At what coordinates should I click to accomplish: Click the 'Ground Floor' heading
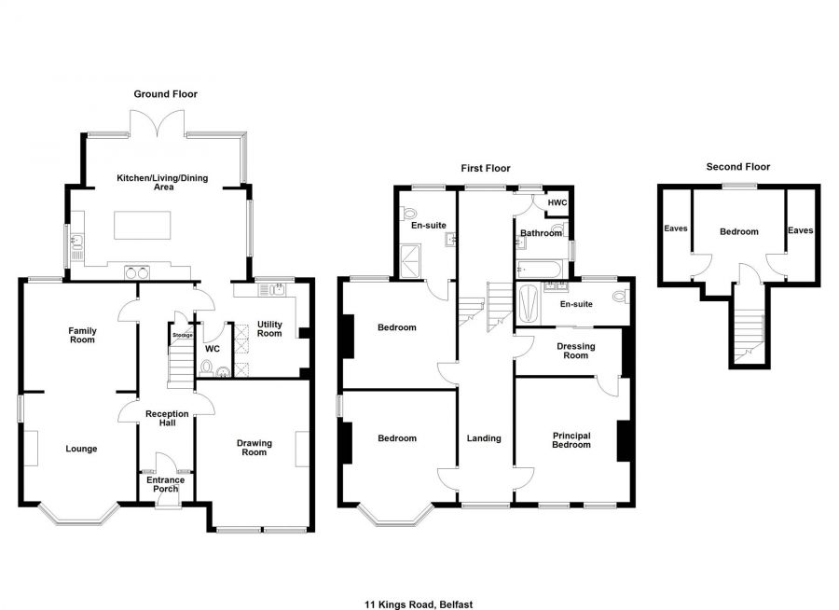coord(165,94)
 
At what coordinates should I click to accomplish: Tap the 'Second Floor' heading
coord(738,167)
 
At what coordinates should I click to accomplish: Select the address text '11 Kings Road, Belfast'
coord(419,604)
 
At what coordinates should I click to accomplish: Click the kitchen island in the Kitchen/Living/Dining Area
coord(143,225)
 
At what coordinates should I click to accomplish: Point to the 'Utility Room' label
coord(269,329)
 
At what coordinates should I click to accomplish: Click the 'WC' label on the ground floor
coord(213,349)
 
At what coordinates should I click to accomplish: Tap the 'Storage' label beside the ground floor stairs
coord(183,335)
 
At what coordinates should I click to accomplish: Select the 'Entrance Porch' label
coord(165,484)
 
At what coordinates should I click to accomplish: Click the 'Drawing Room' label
coord(254,448)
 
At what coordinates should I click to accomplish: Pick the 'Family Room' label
coord(82,335)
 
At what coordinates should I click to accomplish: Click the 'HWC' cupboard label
coord(557,203)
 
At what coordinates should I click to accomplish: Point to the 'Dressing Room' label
coord(576,351)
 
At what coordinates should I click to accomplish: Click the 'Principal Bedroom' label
coord(571,440)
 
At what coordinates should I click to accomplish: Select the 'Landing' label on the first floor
coord(484,438)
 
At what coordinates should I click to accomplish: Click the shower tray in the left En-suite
coord(410,261)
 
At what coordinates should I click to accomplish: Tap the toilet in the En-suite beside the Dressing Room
coord(621,297)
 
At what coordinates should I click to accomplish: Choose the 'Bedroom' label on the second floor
coord(739,232)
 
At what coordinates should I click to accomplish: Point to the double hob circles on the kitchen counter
coord(136,273)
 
